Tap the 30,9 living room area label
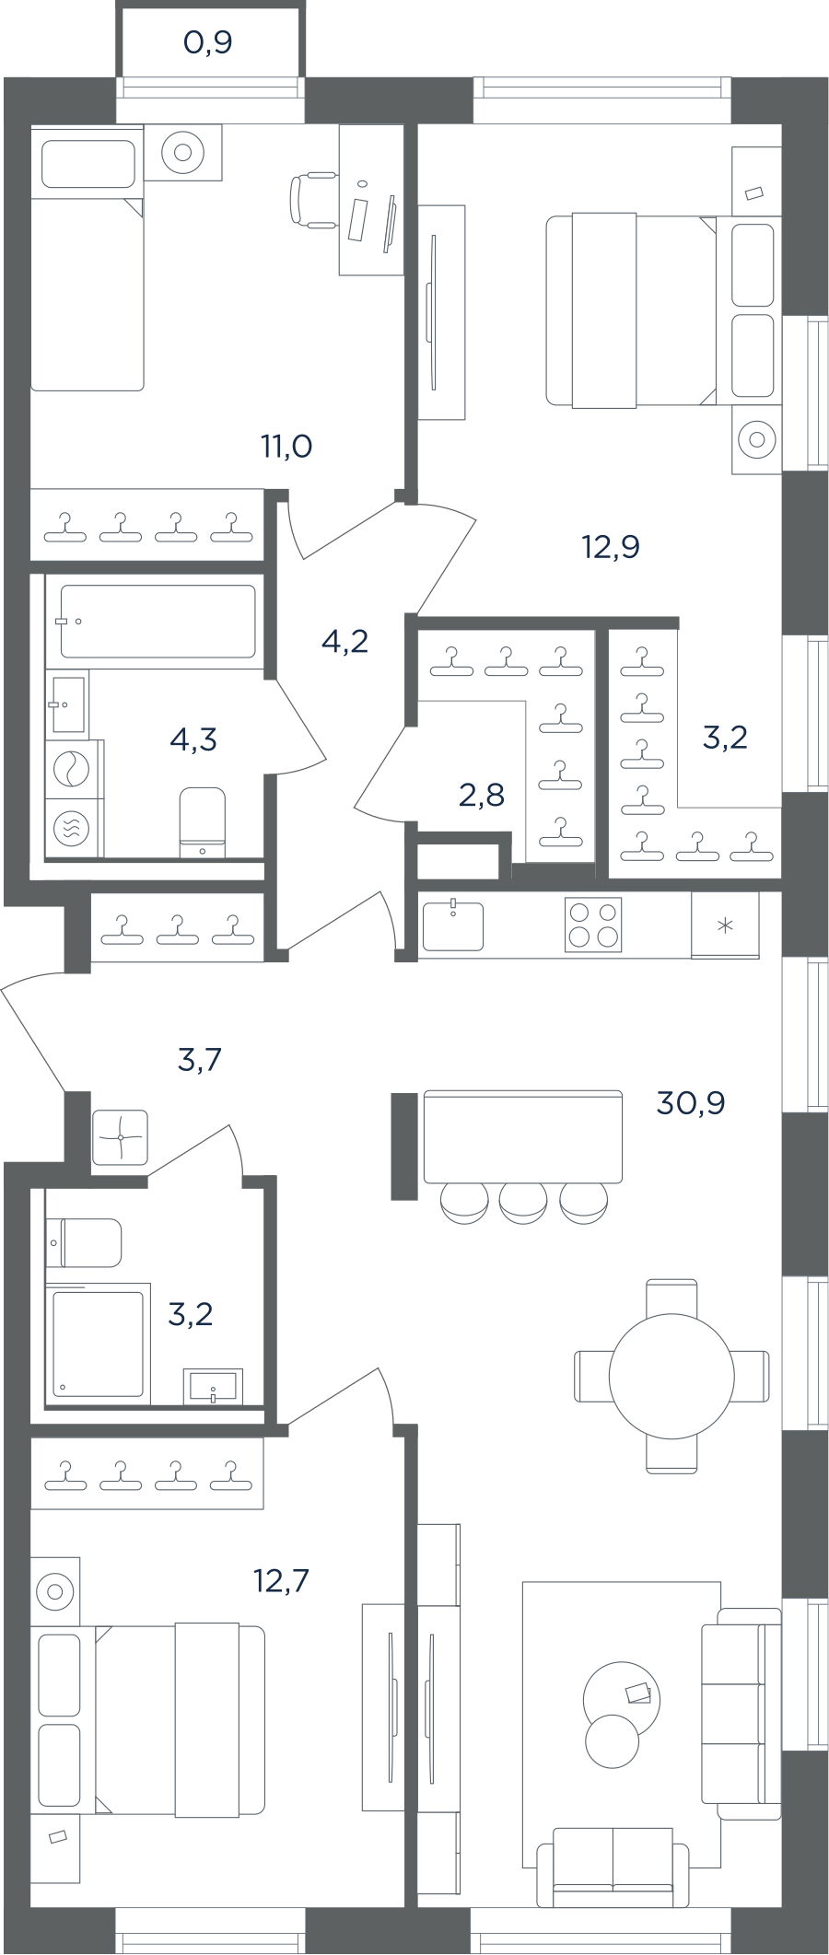(x=690, y=1102)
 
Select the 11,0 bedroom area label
(x=286, y=447)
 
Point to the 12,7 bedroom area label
(x=281, y=1581)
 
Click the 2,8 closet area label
(x=482, y=794)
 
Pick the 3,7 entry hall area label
(x=200, y=1060)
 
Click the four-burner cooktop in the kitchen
(x=593, y=925)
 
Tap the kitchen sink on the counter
(x=452, y=925)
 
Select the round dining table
(x=671, y=1376)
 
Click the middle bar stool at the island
(x=523, y=1203)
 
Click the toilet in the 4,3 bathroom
(x=203, y=821)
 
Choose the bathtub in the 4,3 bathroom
(x=158, y=622)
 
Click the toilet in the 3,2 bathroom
(x=84, y=1242)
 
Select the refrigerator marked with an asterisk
(x=725, y=925)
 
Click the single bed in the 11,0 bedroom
(x=88, y=259)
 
